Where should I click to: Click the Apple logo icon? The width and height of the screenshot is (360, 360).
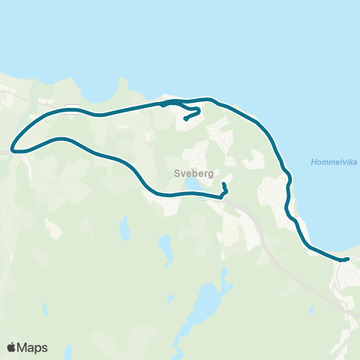coord(12,347)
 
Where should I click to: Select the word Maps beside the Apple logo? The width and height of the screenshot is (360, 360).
coord(33,347)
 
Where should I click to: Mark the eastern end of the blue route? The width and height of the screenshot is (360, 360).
coord(347,259)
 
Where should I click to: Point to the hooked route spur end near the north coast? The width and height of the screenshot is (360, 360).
coord(185,118)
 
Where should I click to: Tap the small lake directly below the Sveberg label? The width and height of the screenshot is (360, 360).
coord(193,183)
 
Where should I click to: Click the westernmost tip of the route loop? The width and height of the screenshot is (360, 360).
coord(13,148)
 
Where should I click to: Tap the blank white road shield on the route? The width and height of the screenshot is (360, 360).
coord(71,108)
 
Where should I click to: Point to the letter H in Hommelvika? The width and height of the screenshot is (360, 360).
coord(311,161)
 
